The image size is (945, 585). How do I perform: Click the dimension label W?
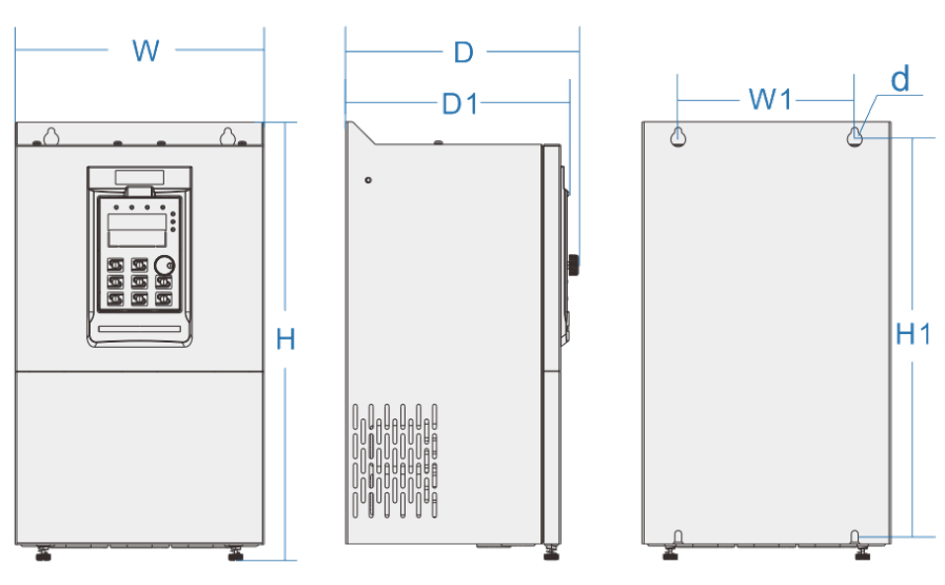(x=145, y=50)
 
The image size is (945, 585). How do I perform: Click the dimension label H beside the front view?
(x=285, y=339)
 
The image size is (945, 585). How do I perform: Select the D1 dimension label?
(x=460, y=103)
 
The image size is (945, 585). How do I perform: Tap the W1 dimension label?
(x=771, y=99)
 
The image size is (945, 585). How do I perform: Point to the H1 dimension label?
(x=913, y=335)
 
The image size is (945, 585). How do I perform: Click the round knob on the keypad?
(x=164, y=265)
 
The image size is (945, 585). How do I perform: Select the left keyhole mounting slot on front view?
(x=51, y=135)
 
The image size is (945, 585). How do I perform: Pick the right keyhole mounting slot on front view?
(x=228, y=135)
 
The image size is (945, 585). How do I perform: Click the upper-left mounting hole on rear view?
(x=678, y=137)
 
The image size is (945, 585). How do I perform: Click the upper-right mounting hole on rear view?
(x=855, y=137)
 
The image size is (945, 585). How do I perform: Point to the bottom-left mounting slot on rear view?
(x=677, y=537)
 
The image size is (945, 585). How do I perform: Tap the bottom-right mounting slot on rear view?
(x=856, y=537)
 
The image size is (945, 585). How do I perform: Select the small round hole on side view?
(x=368, y=180)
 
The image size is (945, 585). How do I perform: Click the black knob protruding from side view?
(x=572, y=265)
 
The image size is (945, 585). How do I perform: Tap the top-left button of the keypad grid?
(x=115, y=265)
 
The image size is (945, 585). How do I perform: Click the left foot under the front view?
(x=42, y=554)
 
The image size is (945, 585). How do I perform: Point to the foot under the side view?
(x=550, y=553)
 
